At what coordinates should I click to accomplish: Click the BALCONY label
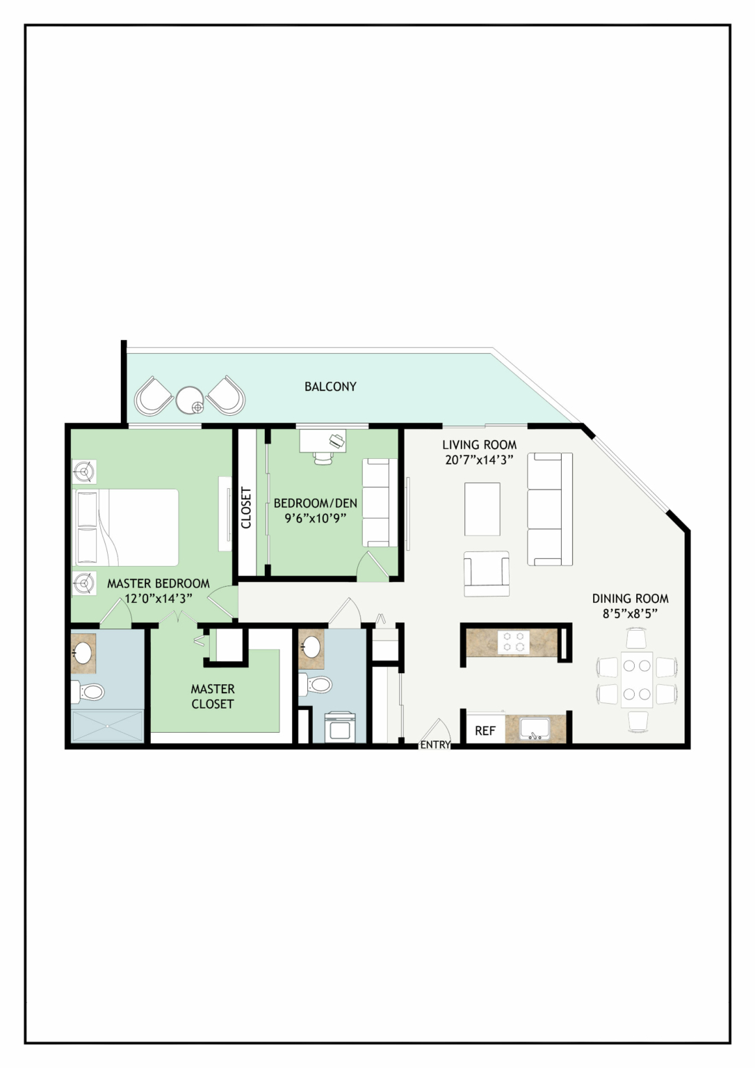point(330,386)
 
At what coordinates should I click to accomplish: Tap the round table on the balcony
point(190,400)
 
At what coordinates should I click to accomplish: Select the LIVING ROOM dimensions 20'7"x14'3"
point(479,460)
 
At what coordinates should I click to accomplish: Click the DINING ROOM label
point(630,599)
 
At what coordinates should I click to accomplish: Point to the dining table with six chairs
point(637,680)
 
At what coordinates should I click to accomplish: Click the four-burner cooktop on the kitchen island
point(513,641)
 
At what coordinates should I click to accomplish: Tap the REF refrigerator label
point(485,731)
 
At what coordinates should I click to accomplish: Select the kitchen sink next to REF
point(535,729)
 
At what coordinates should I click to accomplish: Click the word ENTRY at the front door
point(435,745)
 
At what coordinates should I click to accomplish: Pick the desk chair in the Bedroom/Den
point(323,457)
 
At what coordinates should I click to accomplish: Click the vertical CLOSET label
point(246,508)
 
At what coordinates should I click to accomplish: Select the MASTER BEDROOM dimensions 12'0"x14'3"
point(159,599)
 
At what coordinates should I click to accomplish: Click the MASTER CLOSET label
point(213,696)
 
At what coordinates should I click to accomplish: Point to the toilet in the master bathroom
point(87,691)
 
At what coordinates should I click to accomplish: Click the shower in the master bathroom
point(107,726)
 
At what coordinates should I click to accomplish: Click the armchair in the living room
point(487,574)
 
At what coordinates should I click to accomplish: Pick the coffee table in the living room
point(482,509)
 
